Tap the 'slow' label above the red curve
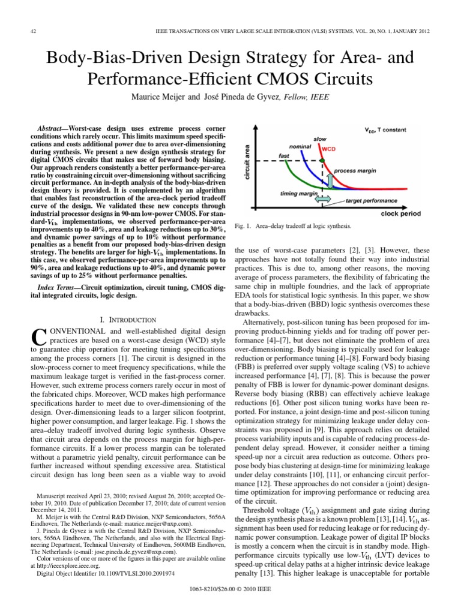click(319, 139)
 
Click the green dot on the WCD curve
click(322, 160)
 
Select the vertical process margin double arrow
click(329, 174)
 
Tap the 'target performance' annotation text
click(372, 203)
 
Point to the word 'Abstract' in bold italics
click(50, 130)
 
